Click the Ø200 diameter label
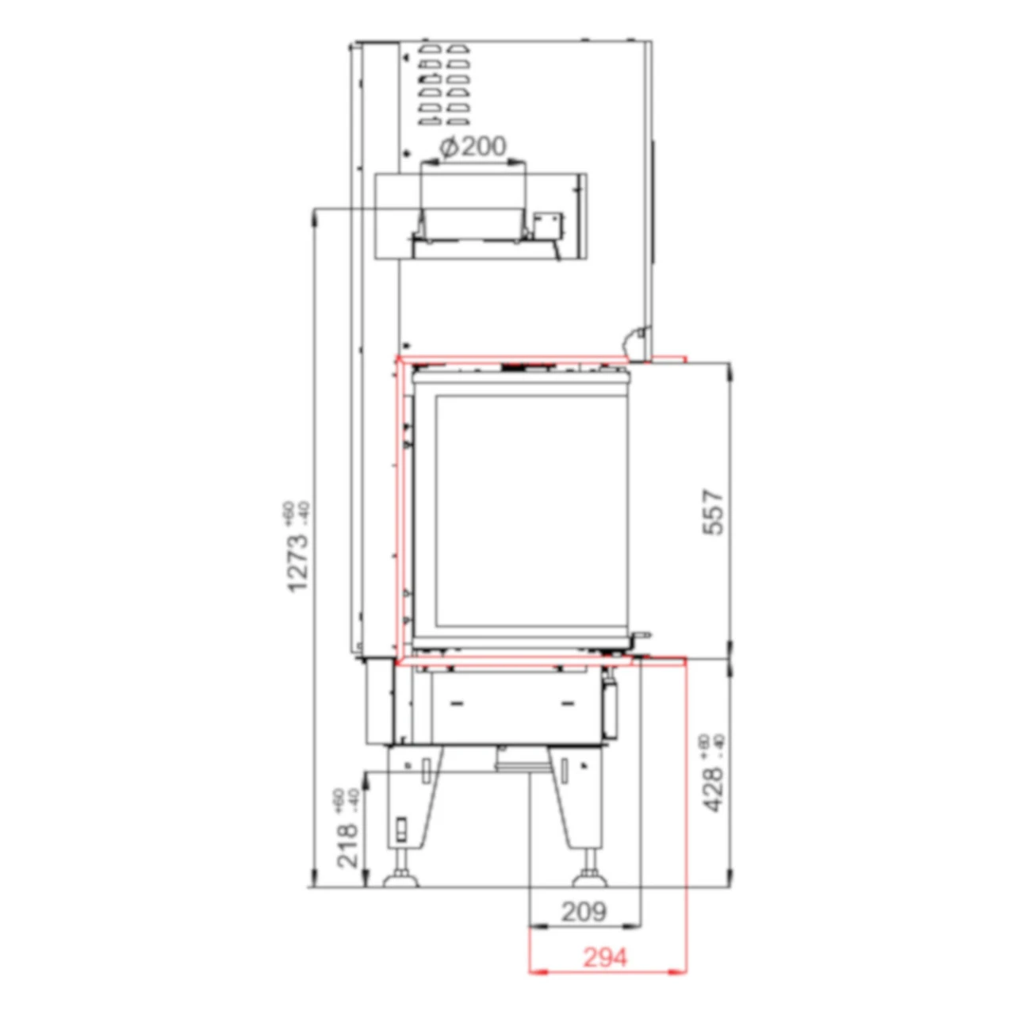tap(473, 147)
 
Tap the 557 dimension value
tap(714, 512)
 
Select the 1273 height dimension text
tap(297, 562)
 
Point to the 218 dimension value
tap(347, 845)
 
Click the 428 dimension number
tap(714, 789)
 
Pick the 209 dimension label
tap(584, 912)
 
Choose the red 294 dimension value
tap(605, 958)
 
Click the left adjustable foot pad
tap(400, 878)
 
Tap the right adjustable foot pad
tap(591, 878)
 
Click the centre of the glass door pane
tap(531, 507)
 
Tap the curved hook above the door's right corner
tap(636, 339)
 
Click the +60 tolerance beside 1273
tap(289, 511)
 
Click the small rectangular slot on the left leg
tap(401, 829)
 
